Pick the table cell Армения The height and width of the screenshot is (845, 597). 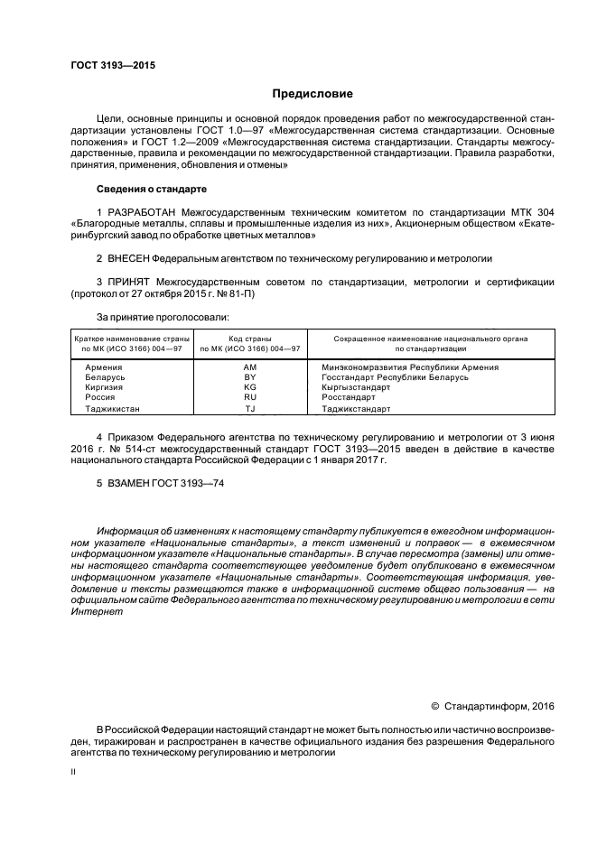pos(103,367)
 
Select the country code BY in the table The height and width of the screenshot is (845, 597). pos(250,377)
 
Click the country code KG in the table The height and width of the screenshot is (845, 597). pos(250,387)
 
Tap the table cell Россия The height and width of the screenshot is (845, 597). pos(99,397)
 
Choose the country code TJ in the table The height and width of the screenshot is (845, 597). pos(250,408)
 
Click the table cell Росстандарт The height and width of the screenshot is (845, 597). pos(349,397)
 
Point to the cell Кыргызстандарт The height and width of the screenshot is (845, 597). pos(356,387)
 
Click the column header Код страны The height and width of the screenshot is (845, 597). pos(250,338)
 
